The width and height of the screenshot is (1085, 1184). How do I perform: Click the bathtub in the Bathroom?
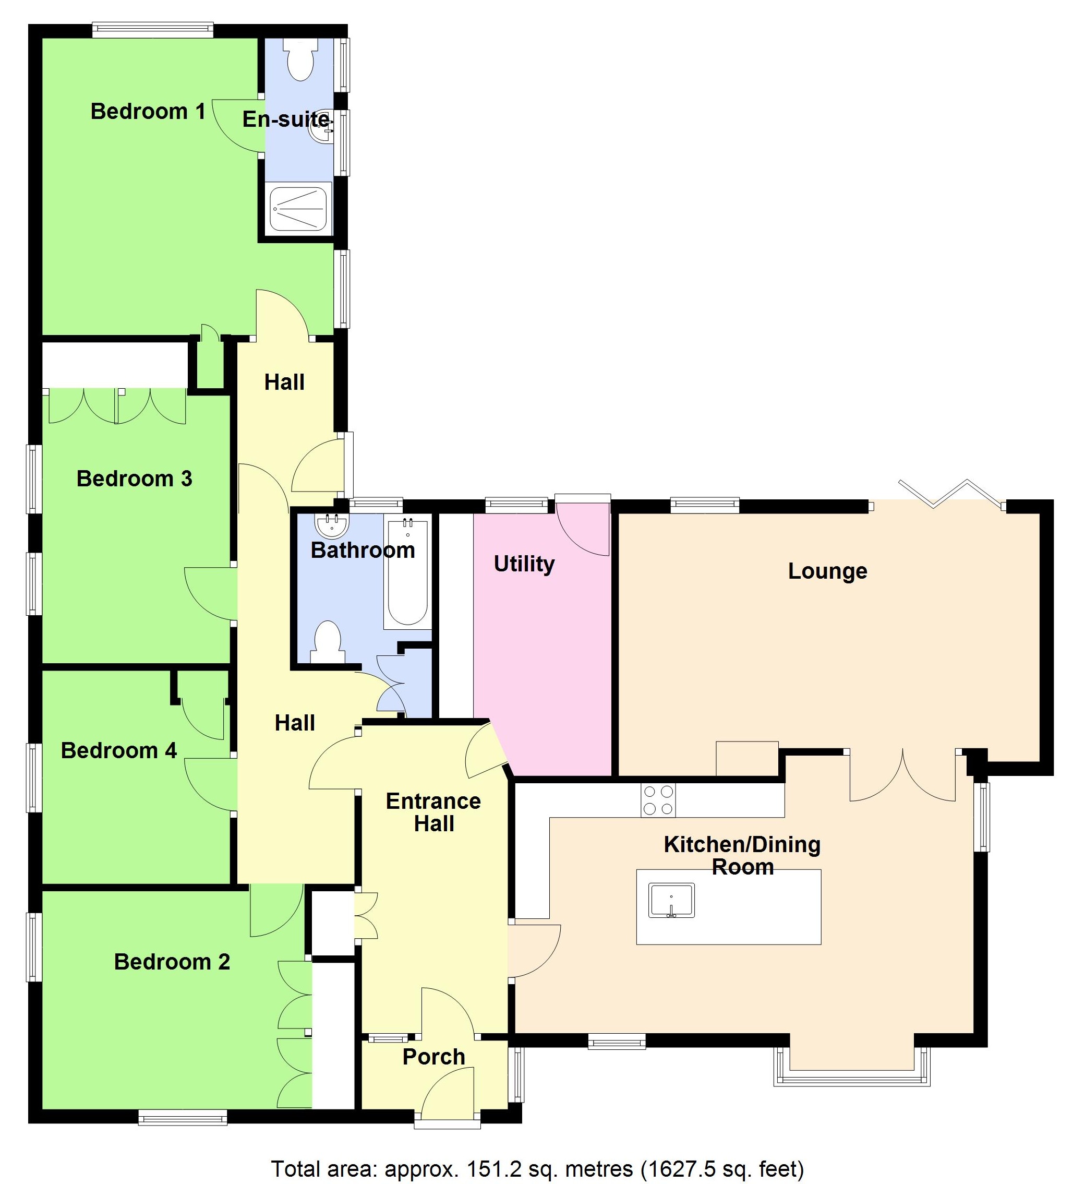click(407, 572)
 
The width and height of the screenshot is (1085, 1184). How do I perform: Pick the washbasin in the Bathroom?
click(332, 525)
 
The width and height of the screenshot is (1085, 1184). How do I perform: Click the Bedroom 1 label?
click(148, 112)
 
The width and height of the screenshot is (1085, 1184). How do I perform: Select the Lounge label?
click(827, 571)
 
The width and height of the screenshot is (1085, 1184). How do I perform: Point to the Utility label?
click(524, 564)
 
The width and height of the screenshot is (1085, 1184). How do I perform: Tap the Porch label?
click(433, 1057)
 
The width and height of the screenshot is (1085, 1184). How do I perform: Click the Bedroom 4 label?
click(118, 750)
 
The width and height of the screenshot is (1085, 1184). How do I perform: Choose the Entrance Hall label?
click(433, 812)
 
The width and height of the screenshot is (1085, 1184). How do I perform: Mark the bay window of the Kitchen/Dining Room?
click(852, 1078)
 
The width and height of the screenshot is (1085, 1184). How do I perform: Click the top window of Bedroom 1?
click(153, 30)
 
